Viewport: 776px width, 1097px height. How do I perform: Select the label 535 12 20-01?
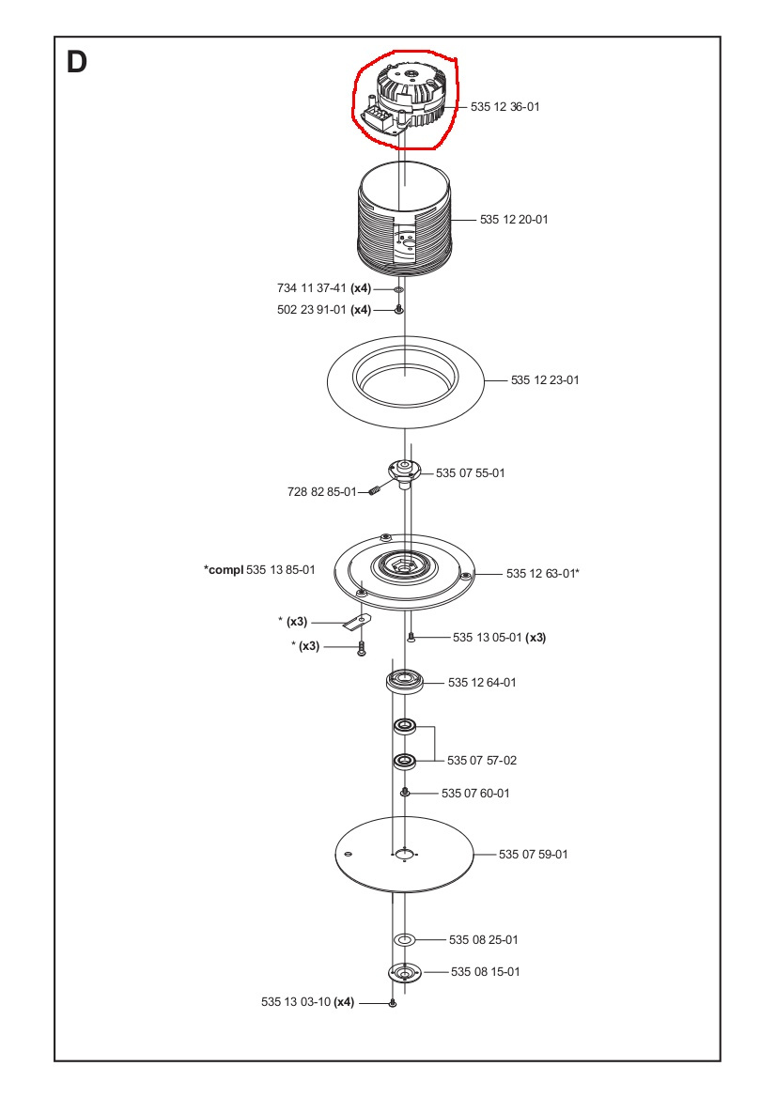point(514,220)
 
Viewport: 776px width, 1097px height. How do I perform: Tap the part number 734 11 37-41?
point(311,288)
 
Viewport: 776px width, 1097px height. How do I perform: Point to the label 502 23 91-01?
point(311,309)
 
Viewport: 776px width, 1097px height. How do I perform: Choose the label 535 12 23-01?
point(545,380)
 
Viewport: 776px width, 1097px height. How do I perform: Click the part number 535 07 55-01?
point(470,472)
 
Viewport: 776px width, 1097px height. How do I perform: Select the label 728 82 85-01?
point(321,491)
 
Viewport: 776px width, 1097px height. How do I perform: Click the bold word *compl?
point(223,570)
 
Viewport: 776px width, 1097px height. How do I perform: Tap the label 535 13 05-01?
point(487,637)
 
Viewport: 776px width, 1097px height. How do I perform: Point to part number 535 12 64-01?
point(482,682)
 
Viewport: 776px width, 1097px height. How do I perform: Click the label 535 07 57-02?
point(482,759)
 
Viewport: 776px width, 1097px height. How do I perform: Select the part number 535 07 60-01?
point(475,794)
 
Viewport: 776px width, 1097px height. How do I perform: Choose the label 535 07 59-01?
point(533,855)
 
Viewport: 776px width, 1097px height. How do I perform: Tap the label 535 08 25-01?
point(483,939)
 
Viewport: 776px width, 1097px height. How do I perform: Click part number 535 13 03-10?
point(296,1002)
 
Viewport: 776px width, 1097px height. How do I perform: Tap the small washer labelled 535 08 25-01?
point(405,939)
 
